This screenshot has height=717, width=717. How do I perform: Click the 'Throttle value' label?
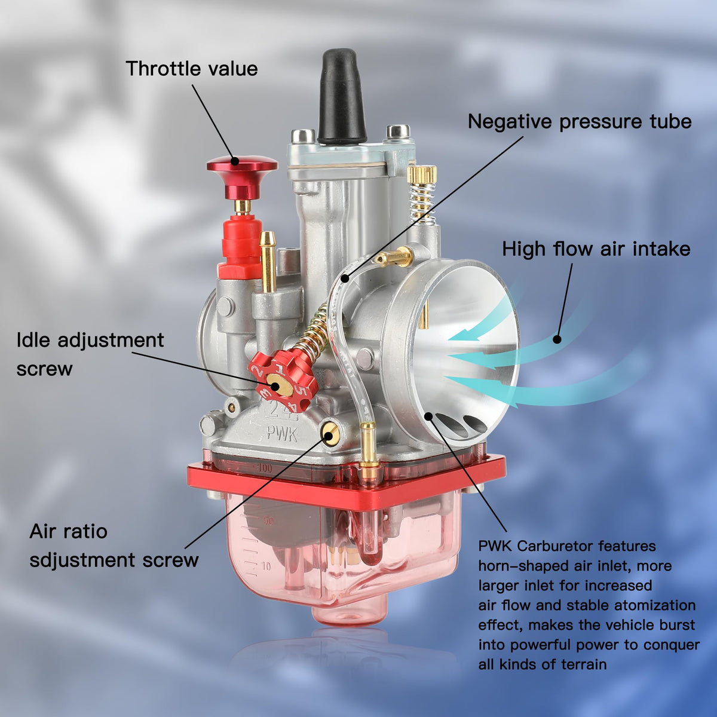(x=192, y=69)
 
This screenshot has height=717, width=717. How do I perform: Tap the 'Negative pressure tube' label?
(x=580, y=122)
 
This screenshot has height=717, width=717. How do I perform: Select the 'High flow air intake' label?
(x=596, y=249)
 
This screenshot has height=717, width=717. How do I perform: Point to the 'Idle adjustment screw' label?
(x=90, y=354)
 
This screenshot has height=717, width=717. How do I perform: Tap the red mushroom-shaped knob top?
(x=242, y=164)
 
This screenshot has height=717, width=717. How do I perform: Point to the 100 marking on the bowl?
(x=265, y=468)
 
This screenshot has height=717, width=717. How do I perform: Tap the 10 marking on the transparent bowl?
(x=266, y=566)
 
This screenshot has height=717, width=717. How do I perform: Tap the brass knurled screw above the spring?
(x=422, y=174)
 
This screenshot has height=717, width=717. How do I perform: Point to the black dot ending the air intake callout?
(x=557, y=339)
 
